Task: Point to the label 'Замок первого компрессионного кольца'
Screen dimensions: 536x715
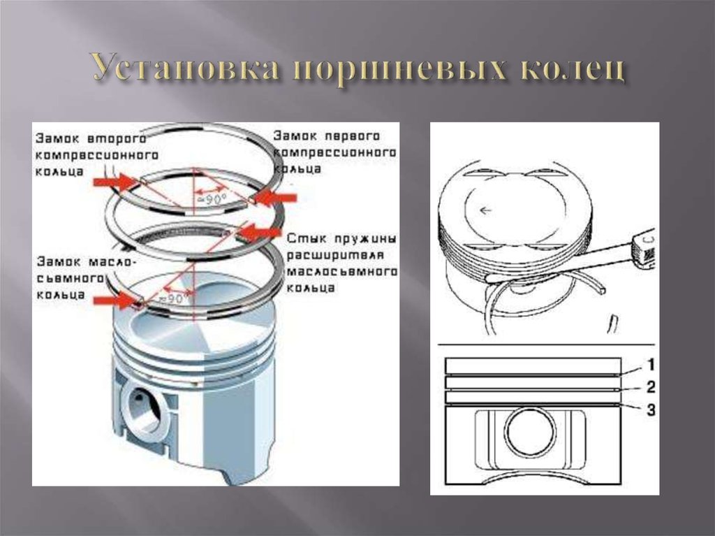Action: pos(335,151)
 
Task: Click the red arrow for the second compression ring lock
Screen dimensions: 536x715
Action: pos(116,182)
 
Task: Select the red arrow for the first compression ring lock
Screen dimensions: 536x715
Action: pos(276,198)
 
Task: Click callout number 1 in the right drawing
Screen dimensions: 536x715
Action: pos(649,364)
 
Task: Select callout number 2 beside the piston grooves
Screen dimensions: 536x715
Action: pos(649,386)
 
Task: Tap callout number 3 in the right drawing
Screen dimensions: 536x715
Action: pos(649,410)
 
